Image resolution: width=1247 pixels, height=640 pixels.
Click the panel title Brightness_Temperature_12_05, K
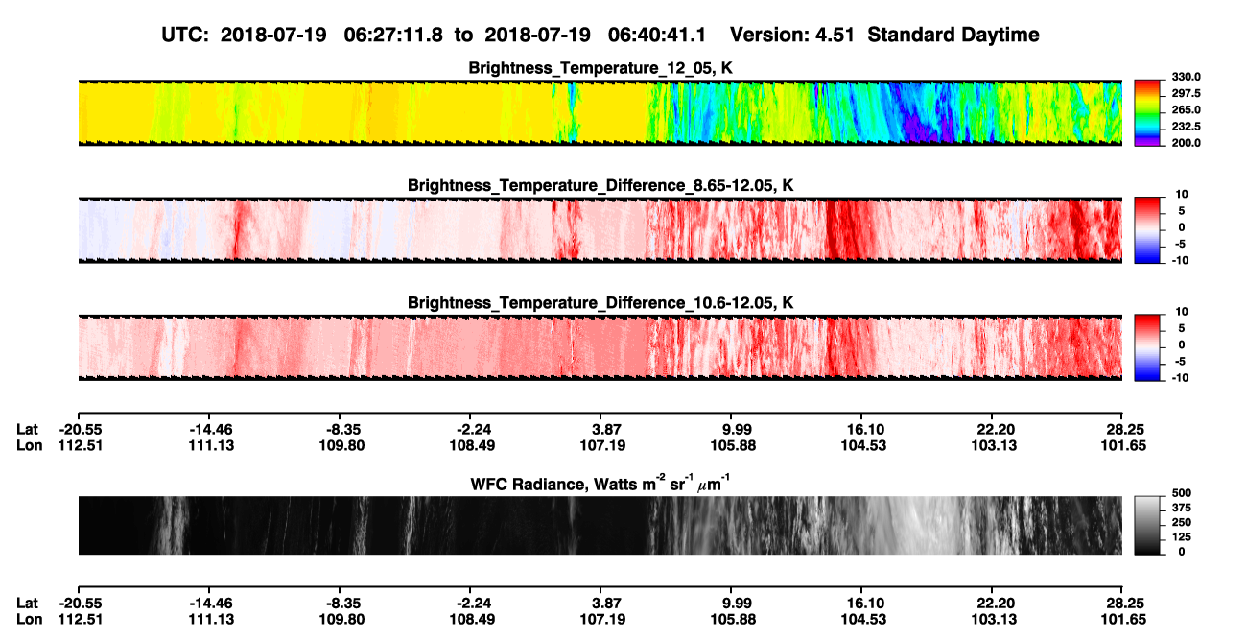600,68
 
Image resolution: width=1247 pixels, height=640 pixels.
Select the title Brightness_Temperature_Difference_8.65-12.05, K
600,185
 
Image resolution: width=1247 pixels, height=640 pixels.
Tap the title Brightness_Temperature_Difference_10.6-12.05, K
600,303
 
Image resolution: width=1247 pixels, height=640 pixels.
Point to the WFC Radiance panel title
600,484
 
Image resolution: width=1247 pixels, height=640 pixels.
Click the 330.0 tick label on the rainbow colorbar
1186,77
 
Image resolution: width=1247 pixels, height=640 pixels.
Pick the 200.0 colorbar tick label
1186,143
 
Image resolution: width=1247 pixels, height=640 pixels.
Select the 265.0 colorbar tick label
1186,109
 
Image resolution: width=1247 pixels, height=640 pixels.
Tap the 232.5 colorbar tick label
1186,127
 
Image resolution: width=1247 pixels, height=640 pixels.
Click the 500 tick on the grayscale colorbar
1182,493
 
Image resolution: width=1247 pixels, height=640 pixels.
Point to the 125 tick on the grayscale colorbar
1182,537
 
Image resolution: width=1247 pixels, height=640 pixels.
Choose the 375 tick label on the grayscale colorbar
1182,508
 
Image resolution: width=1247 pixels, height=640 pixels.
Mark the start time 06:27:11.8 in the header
393,35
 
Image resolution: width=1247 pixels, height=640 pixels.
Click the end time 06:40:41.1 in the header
657,35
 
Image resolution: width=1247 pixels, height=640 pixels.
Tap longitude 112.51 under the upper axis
81,445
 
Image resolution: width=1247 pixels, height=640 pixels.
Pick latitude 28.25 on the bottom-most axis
1123,604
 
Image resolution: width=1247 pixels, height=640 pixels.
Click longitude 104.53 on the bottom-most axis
863,620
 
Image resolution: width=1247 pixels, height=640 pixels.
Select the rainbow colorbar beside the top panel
1147,113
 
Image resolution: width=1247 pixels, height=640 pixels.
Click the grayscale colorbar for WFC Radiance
1147,525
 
